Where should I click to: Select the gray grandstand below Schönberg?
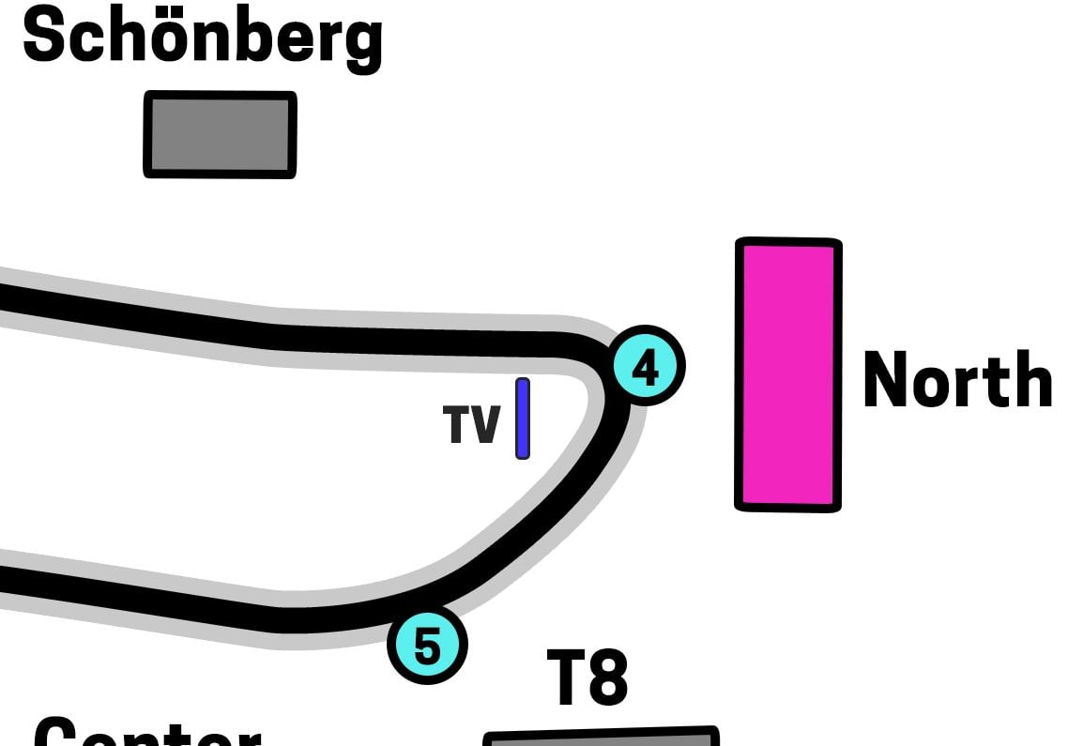(x=220, y=134)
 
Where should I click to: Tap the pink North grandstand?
(x=787, y=374)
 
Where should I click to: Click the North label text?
(x=956, y=380)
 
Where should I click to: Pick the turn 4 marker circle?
(x=647, y=366)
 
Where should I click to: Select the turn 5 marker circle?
(x=427, y=645)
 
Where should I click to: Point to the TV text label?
(x=472, y=425)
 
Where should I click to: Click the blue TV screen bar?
(x=523, y=419)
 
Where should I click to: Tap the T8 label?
(x=587, y=677)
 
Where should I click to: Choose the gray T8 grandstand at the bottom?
(x=601, y=738)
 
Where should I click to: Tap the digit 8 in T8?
(x=608, y=677)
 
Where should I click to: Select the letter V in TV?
(x=485, y=425)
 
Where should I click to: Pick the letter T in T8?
(x=566, y=677)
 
